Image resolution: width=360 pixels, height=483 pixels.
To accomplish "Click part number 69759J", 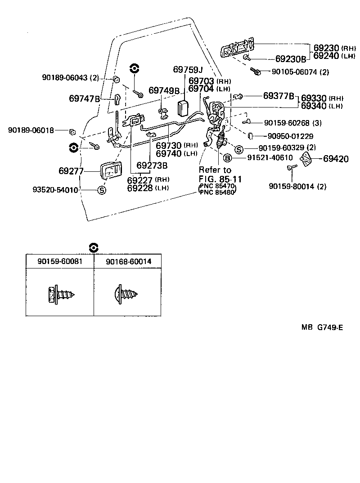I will tap(188, 70).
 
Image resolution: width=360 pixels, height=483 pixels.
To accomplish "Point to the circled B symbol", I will tap(228, 157).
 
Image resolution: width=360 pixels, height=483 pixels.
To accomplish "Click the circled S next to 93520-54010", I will tap(102, 190).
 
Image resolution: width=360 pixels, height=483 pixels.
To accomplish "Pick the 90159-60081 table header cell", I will tap(59, 261).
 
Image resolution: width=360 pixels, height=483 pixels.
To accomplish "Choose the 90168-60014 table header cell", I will tap(128, 261).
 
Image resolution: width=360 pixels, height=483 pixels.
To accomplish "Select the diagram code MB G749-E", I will tap(322, 327).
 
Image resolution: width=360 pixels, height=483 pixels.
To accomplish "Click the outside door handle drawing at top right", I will tap(237, 48).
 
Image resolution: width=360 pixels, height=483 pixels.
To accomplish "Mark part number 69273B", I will tap(152, 165).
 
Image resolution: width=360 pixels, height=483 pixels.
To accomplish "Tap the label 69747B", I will tap(84, 98).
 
